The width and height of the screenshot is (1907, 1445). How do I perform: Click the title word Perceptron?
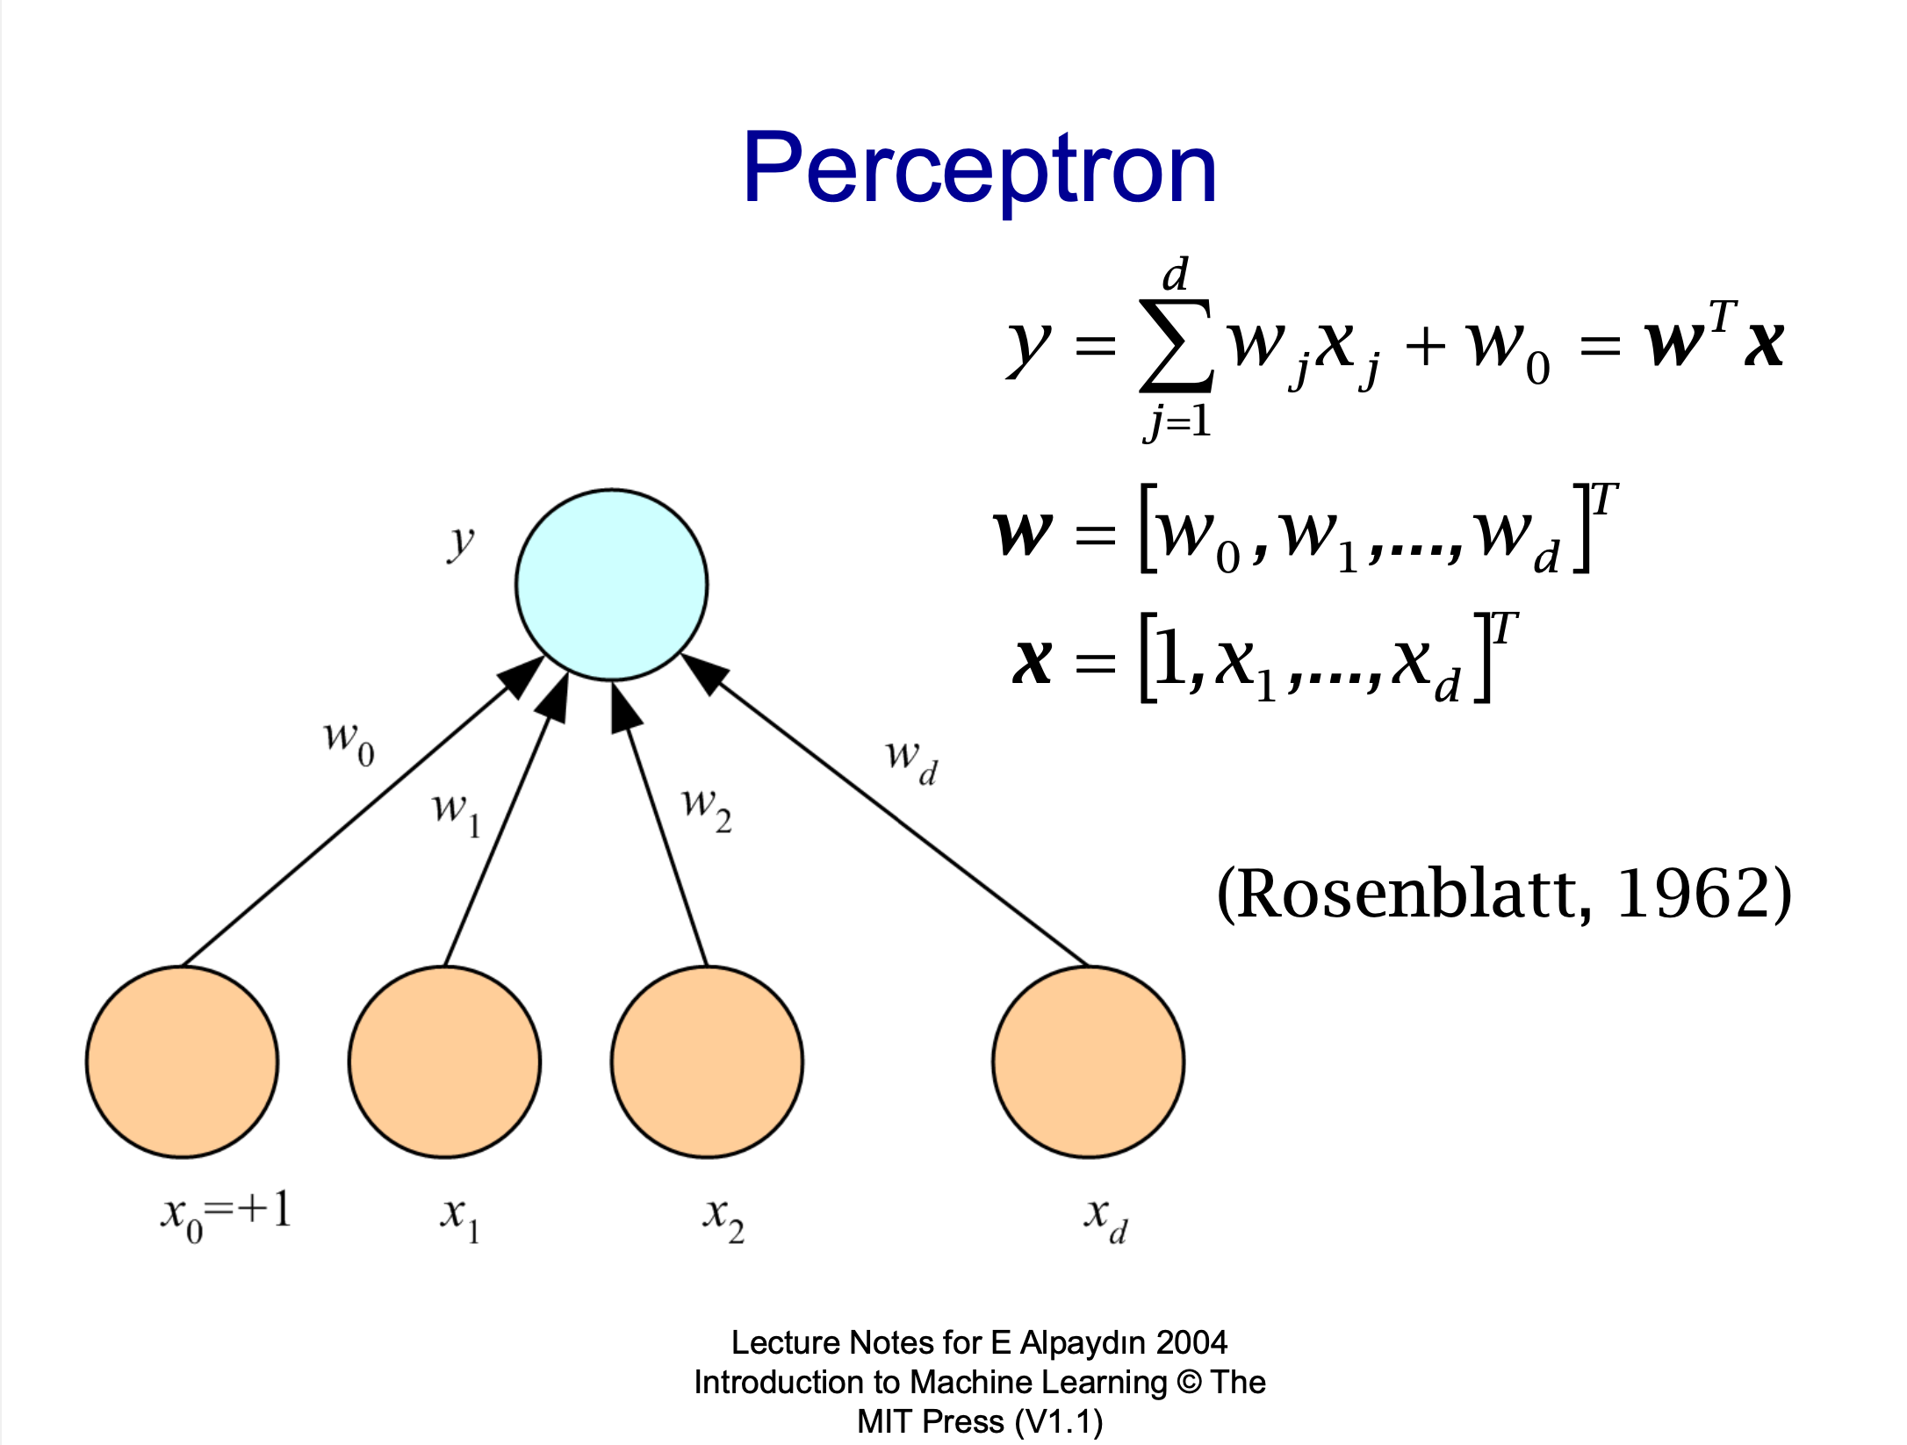979,169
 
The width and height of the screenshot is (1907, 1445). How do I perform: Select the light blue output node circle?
612,585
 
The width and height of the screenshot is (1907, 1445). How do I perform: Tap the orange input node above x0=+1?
183,1061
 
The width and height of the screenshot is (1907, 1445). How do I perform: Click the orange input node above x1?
444,1061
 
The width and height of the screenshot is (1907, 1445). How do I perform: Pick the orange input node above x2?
707,1061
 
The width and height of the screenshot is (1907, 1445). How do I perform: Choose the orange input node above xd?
1088,1061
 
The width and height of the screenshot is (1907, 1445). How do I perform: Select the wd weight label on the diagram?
911,760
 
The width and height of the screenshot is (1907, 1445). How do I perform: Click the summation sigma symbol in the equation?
1176,346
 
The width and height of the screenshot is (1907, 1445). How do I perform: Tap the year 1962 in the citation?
1691,894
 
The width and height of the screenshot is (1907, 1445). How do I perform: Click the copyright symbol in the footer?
1189,1382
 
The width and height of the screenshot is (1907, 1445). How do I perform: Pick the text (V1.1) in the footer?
1059,1421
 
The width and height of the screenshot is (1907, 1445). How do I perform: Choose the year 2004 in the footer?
1191,1342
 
